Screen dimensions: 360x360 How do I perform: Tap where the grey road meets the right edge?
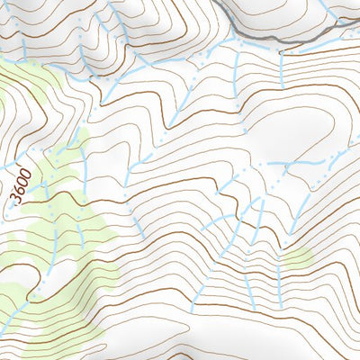click(358, 19)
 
